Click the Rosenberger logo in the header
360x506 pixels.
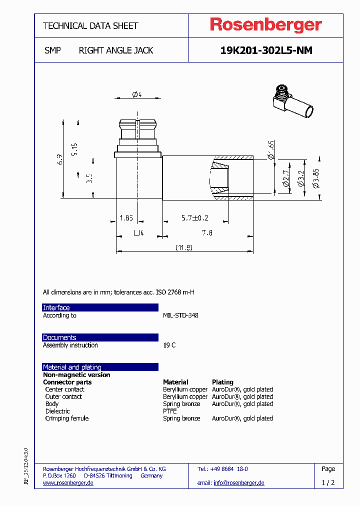[265, 25]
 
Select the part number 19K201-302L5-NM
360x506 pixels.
[266, 50]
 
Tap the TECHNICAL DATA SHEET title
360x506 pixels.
[90, 26]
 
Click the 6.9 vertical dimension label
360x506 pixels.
[59, 159]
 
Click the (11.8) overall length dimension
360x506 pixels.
[184, 247]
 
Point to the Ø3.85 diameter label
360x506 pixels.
[316, 178]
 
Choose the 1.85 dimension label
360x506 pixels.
[126, 218]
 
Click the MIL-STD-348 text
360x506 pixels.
[180, 315]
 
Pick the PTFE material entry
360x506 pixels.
[170, 411]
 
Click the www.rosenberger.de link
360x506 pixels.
[68, 483]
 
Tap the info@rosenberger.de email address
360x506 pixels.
[238, 483]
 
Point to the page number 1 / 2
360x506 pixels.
[328, 483]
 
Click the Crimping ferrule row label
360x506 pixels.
[66, 418]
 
